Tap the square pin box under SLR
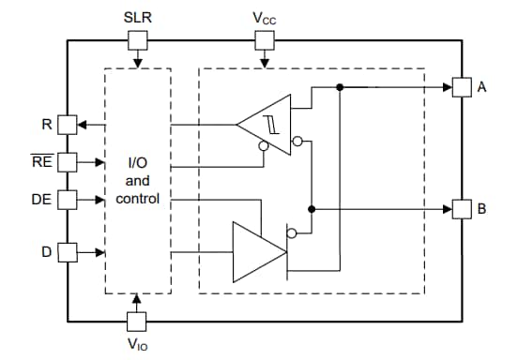pyautogui.click(x=137, y=39)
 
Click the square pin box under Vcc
pyautogui.click(x=265, y=39)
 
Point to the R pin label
pyautogui.click(x=47, y=123)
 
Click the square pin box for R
pyautogui.click(x=67, y=123)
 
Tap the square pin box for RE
pyautogui.click(x=67, y=161)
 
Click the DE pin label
pyautogui.click(x=41, y=199)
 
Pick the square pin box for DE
pyautogui.click(x=67, y=199)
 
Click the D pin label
pyautogui.click(x=45, y=251)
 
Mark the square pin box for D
pyautogui.click(x=67, y=251)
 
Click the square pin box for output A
pyautogui.click(x=462, y=87)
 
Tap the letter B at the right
pyautogui.click(x=482, y=208)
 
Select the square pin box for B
pyautogui.click(x=462, y=208)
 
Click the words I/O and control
pyautogui.click(x=138, y=181)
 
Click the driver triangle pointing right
pyautogui.click(x=253, y=250)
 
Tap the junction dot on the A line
pyautogui.click(x=339, y=87)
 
